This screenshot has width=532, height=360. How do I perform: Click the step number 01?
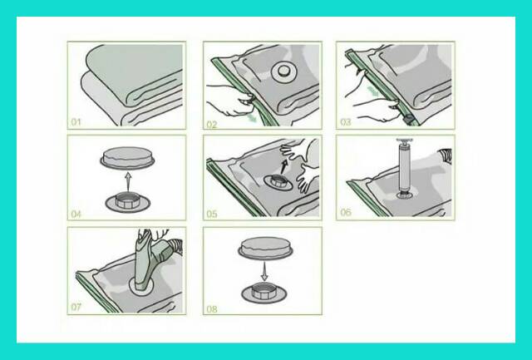76,122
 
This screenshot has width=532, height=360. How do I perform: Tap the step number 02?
212,125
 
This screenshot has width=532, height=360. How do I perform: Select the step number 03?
346,122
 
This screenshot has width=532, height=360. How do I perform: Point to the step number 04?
76,215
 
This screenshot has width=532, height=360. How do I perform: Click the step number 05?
212,215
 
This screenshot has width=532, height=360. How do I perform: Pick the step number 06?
346,212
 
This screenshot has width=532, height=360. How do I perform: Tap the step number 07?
76,307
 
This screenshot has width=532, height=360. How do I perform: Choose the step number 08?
212,309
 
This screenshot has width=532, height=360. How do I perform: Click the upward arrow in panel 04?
127,181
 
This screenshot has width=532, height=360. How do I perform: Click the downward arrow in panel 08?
264,271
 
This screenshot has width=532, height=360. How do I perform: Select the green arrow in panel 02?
252,118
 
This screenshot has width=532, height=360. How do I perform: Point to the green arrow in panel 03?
374,91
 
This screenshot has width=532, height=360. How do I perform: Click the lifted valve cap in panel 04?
127,158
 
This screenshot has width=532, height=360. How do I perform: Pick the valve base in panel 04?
127,203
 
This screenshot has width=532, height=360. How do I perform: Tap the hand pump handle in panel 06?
405,141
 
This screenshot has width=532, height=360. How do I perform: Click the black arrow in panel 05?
284,166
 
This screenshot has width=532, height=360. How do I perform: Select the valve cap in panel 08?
265,248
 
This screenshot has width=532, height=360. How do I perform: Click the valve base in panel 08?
264,293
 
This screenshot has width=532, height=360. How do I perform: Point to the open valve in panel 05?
278,181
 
